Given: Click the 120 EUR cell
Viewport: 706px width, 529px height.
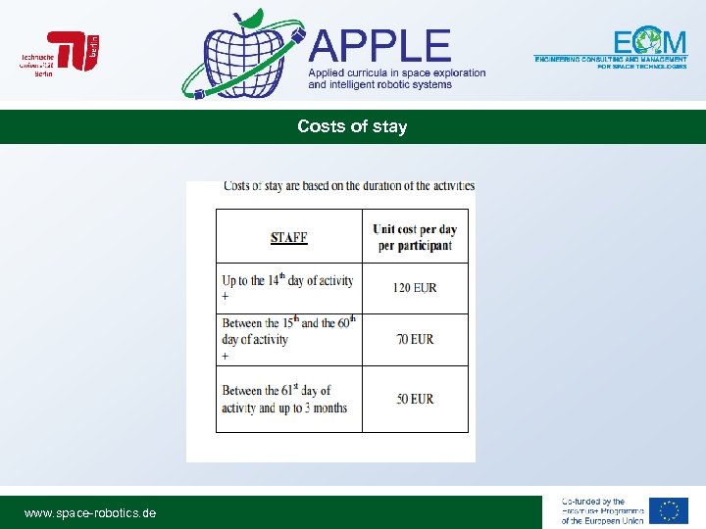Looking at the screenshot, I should (415, 288).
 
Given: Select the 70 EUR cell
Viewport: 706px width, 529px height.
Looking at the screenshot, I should (415, 339).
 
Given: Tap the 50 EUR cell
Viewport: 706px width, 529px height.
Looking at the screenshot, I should (415, 399).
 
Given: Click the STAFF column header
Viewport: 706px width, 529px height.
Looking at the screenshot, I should (289, 237).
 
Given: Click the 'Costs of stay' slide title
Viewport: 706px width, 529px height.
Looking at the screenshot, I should (352, 126).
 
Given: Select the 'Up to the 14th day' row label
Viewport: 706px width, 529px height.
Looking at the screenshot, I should (287, 280).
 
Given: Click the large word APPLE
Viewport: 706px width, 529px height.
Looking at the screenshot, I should (380, 47).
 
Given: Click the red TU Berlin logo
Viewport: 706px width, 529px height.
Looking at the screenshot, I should (74, 51).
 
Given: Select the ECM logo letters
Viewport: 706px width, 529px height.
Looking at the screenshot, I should (650, 42).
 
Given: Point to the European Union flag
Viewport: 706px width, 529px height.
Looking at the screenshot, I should (670, 511).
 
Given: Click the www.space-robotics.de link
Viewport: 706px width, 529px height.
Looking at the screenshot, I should (90, 512).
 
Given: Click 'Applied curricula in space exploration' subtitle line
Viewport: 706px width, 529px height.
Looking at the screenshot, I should (397, 73).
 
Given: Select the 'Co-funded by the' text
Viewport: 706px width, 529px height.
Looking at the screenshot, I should (593, 502).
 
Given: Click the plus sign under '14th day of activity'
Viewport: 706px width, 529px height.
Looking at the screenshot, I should (226, 296).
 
